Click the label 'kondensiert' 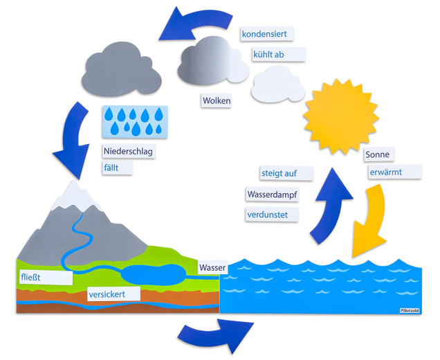click(267, 34)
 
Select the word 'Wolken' click(217, 101)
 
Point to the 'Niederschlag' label click(128, 152)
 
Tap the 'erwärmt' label click(392, 171)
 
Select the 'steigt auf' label click(286, 172)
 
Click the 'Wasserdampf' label click(272, 195)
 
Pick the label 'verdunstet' click(271, 215)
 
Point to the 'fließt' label click(44, 278)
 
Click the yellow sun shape click(342, 116)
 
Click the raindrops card click(135, 121)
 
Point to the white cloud click(278, 84)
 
